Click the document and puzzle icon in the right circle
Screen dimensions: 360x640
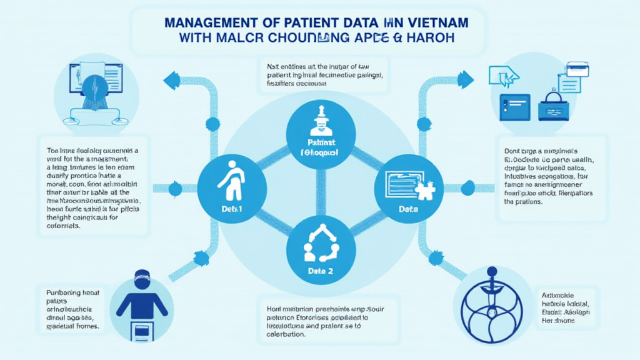407,184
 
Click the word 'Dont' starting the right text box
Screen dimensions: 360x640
512,151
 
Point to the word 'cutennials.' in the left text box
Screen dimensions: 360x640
64,226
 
